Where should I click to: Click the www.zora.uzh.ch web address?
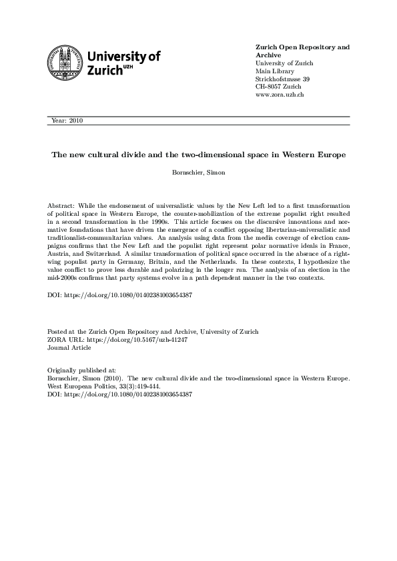(280, 95)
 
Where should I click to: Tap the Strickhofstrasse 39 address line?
(282, 79)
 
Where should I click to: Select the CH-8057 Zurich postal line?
(279, 87)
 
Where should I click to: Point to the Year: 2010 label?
(67, 121)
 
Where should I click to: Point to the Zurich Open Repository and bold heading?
(302, 48)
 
